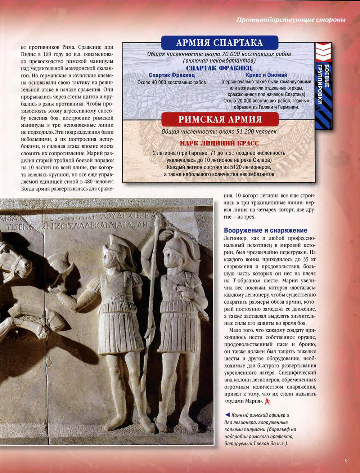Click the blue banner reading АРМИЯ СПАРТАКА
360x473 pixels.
pos(219,43)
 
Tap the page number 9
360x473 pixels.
pos(346,461)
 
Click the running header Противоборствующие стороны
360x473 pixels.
pos(291,20)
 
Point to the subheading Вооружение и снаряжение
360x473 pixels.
pos(266,230)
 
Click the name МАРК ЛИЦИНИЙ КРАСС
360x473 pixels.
pos(219,143)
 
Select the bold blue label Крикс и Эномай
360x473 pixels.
pos(267,75)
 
